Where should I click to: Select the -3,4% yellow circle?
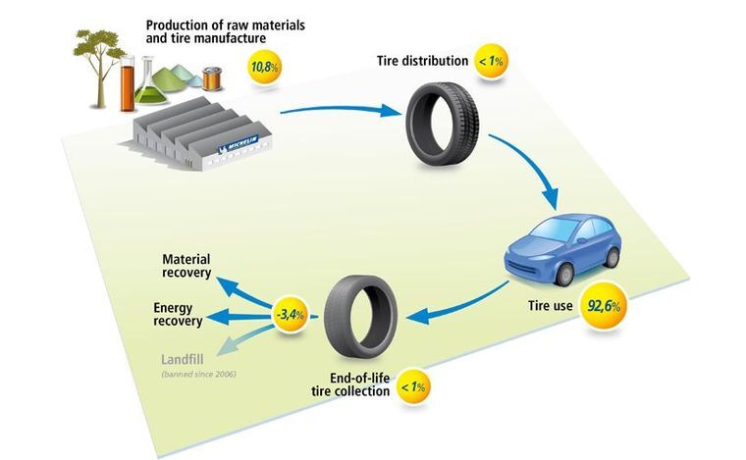(292, 315)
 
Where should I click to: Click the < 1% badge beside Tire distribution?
(491, 62)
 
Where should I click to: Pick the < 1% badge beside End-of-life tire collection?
(412, 388)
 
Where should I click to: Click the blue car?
(562, 246)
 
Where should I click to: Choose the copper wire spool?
(212, 77)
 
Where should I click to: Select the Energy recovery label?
(178, 314)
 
